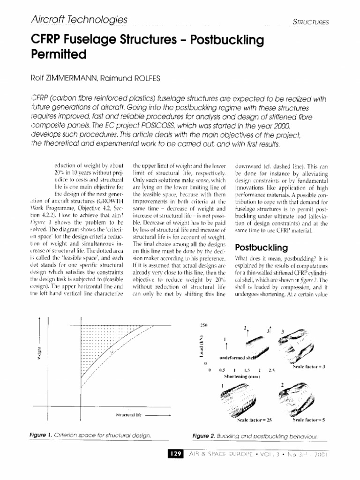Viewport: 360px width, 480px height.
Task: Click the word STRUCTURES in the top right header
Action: [x=310, y=22]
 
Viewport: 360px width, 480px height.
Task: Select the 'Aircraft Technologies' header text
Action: [x=79, y=20]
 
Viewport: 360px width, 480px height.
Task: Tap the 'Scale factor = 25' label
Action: [x=255, y=420]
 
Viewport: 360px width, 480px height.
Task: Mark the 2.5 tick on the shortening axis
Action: [x=271, y=370]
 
